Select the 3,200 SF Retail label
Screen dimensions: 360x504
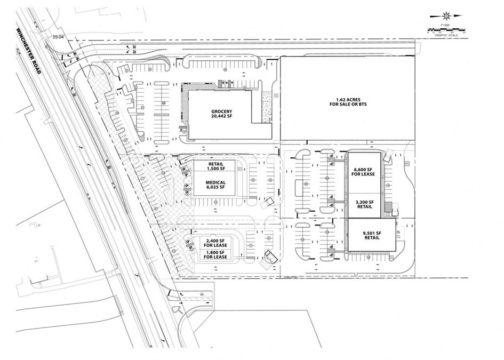click(x=365, y=205)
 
